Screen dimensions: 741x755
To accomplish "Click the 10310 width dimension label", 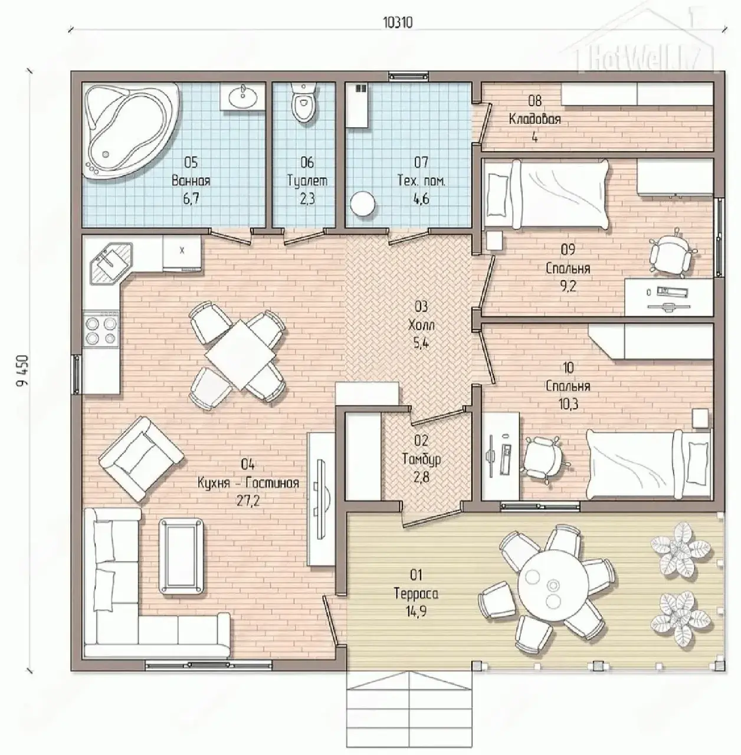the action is pos(398,23).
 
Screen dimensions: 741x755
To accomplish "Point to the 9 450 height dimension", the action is pos(23,372).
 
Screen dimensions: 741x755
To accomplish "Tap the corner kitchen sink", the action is pos(112,261).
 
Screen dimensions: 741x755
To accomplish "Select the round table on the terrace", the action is pos(553,589).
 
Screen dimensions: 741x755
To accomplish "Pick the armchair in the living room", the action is pos(142,459).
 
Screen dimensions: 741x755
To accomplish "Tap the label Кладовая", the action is pos(535,119).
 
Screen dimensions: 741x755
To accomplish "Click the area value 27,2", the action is pos(248,501).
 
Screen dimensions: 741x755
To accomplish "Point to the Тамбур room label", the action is pos(421,458).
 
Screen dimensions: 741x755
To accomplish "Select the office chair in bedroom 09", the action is pos(671,252).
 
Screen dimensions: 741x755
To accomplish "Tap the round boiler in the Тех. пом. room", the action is pos(363,203).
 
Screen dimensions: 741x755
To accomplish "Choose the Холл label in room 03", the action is pos(421,325).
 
